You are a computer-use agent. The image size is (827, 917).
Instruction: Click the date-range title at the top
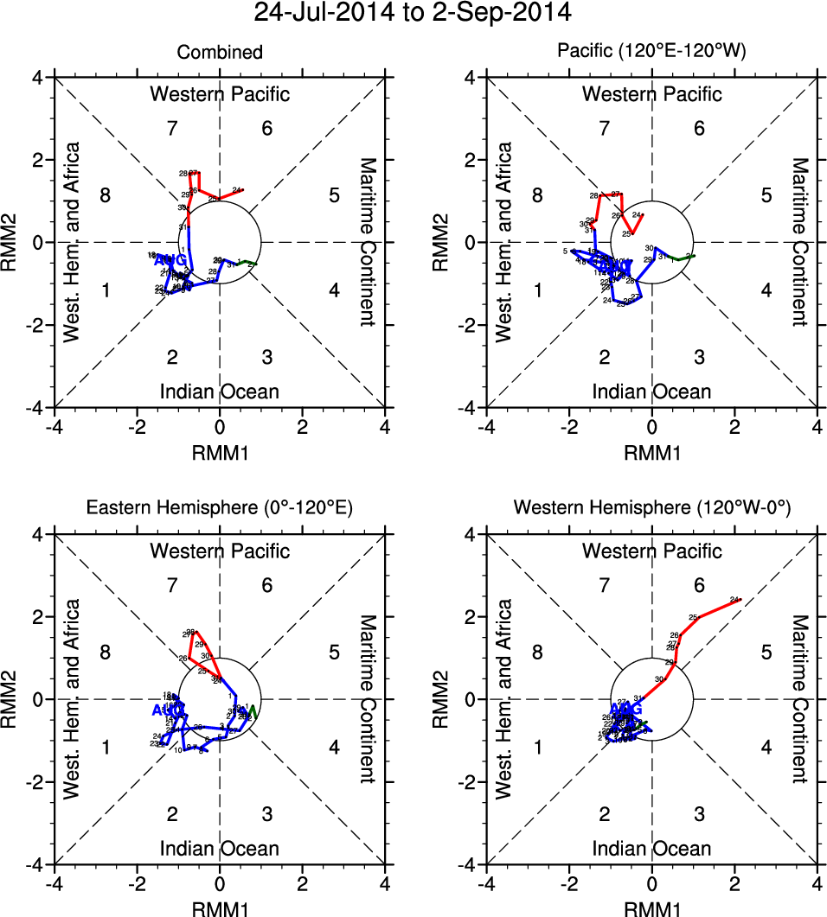pyautogui.click(x=413, y=14)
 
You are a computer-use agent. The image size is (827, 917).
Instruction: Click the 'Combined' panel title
pyautogui.click(x=220, y=53)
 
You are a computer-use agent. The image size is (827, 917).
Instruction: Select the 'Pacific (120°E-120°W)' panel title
pyautogui.click(x=651, y=53)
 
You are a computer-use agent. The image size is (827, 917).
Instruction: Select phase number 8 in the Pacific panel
pyautogui.click(x=537, y=195)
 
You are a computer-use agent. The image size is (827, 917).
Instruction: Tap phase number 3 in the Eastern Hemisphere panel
pyautogui.click(x=267, y=813)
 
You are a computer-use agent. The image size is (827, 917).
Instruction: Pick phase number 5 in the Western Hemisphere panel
pyautogui.click(x=766, y=653)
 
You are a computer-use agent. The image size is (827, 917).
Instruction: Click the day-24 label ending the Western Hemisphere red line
pyautogui.click(x=734, y=599)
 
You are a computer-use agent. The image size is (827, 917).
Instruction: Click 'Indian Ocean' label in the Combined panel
pyautogui.click(x=220, y=392)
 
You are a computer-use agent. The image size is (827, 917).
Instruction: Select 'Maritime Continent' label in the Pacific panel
pyautogui.click(x=800, y=242)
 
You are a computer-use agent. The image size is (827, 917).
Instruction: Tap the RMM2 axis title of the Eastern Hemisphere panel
pyautogui.click(x=14, y=699)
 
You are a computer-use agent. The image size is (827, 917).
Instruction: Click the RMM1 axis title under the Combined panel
pyautogui.click(x=220, y=450)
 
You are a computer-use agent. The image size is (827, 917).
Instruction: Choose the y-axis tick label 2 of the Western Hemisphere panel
pyautogui.click(x=471, y=617)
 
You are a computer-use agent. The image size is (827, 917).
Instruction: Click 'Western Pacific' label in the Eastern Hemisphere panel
pyautogui.click(x=220, y=551)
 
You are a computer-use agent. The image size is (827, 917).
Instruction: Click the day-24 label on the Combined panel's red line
pyautogui.click(x=236, y=189)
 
